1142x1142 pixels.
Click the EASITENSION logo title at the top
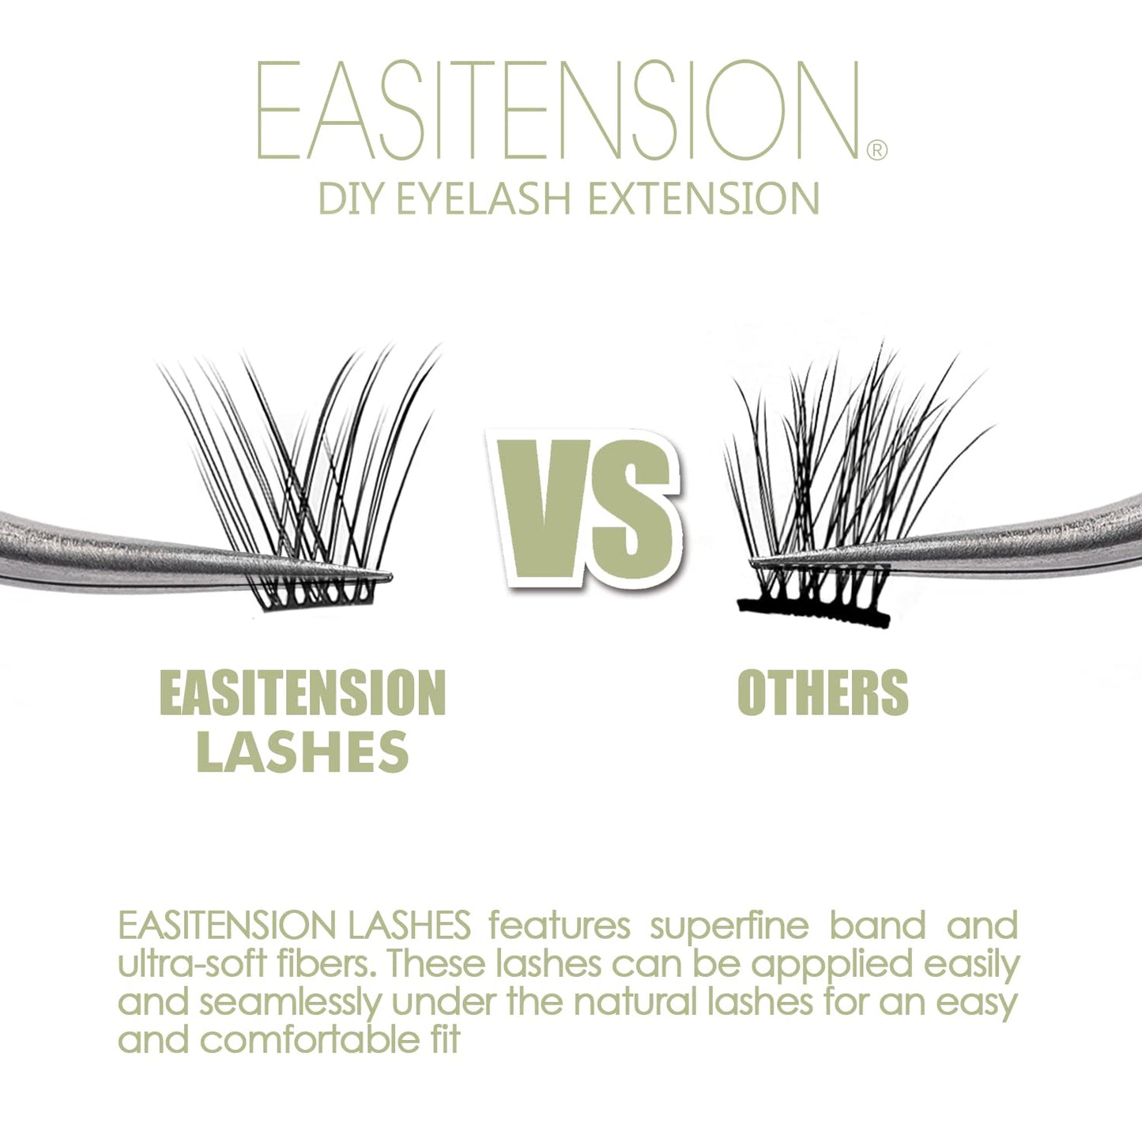click(x=557, y=112)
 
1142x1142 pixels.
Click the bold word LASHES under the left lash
click(x=303, y=752)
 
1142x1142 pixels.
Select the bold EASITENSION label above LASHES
click(x=303, y=693)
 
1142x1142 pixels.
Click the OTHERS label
click(x=823, y=693)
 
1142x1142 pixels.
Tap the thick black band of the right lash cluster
click(x=814, y=612)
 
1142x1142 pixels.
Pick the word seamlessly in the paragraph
click(x=290, y=1002)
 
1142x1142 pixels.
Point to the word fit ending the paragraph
click(x=439, y=1039)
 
